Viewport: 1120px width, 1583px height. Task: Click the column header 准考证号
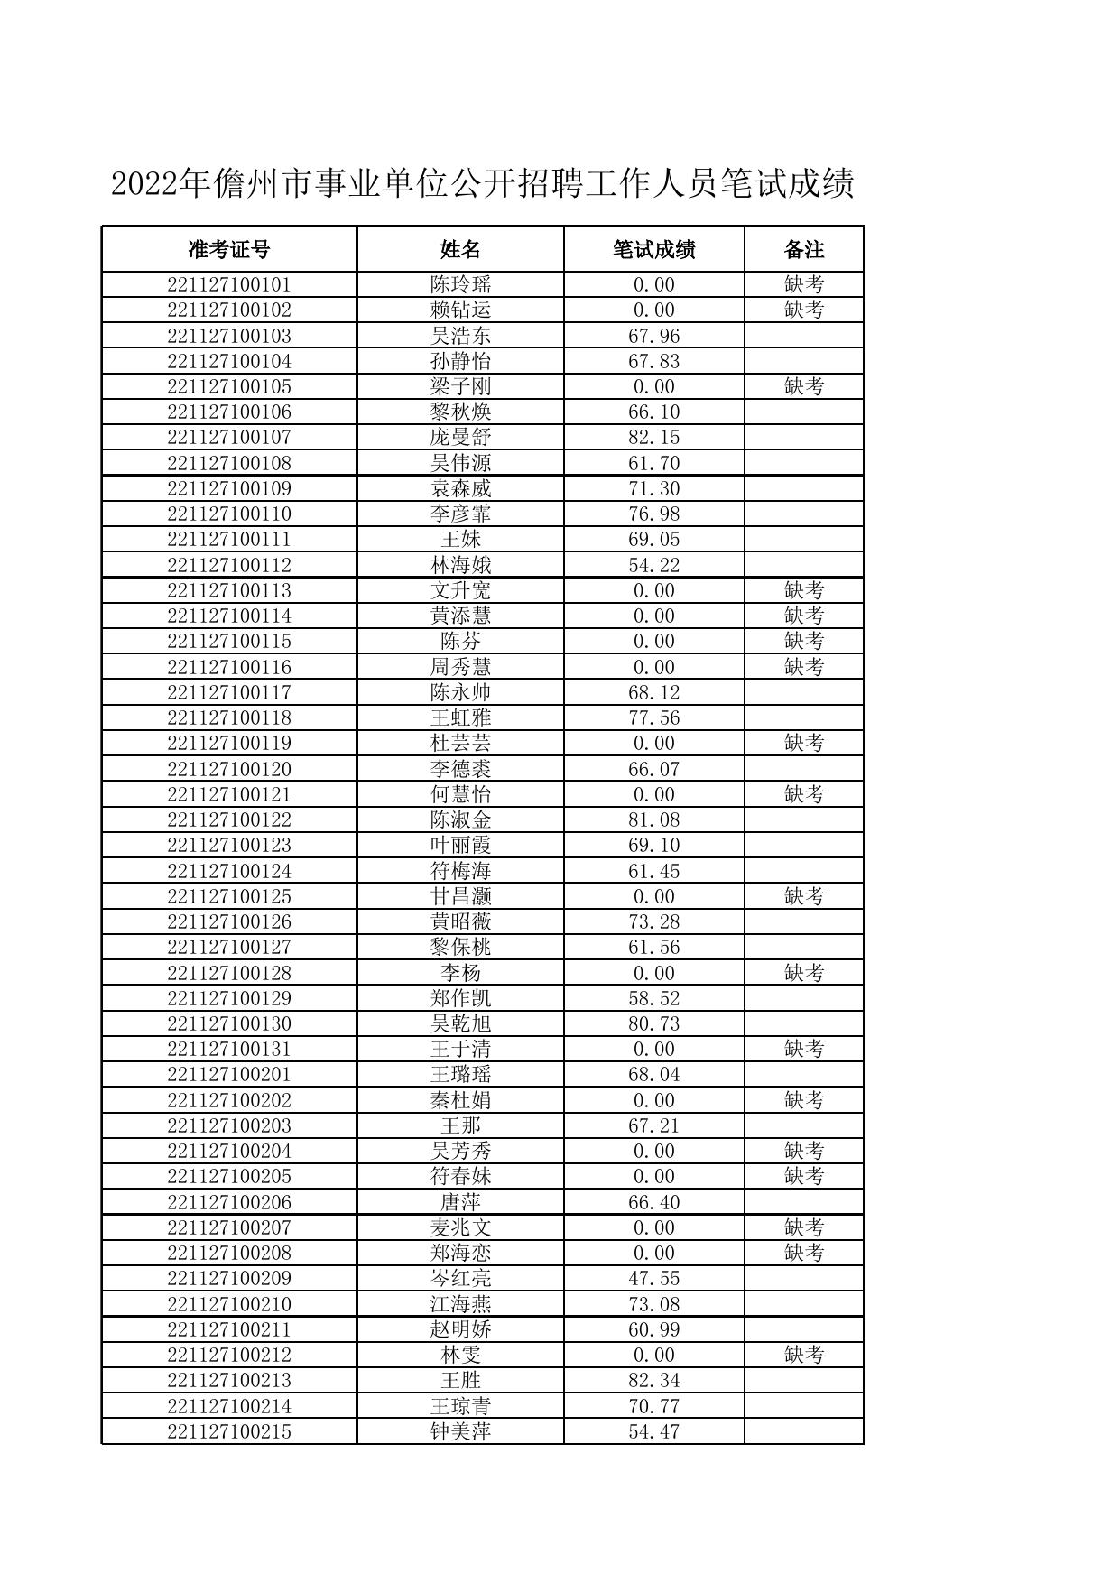[x=229, y=249]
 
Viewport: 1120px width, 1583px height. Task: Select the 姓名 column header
[x=460, y=249]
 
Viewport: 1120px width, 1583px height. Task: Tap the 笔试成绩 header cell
[x=653, y=249]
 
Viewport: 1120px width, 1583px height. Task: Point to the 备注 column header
[x=803, y=249]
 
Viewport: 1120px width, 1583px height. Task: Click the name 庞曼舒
[x=460, y=438]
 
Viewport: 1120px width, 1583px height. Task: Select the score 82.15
[x=653, y=438]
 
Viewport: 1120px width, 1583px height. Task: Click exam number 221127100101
[x=229, y=285]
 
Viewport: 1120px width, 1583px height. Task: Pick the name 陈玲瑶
[x=460, y=285]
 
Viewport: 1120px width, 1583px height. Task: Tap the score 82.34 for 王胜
[x=653, y=1381]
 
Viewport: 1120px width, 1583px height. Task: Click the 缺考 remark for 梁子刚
[x=803, y=387]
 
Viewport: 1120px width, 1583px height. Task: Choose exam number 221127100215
[x=229, y=1431]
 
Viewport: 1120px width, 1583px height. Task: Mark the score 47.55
[x=653, y=1279]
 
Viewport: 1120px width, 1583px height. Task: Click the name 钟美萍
[x=460, y=1431]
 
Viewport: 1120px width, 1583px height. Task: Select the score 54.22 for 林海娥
[x=653, y=566]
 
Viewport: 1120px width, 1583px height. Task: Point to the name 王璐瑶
[x=460, y=1075]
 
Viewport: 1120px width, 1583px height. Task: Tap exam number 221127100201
[x=229, y=1075]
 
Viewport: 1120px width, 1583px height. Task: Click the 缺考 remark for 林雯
[x=803, y=1356]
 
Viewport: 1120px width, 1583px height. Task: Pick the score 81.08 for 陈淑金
[x=653, y=820]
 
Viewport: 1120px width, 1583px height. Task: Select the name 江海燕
[x=460, y=1304]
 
